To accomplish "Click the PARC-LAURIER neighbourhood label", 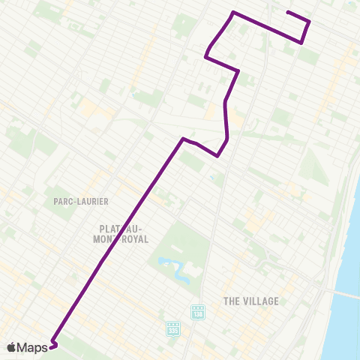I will (81, 201).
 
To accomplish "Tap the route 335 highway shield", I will (173, 328).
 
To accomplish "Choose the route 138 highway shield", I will (198, 312).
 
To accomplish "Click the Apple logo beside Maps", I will (11, 346).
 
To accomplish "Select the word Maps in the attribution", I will (33, 346).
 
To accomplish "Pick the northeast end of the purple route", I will (288, 12).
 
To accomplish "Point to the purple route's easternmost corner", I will (309, 22).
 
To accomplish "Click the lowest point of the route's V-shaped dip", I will (217, 156).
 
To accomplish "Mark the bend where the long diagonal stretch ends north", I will (182, 138).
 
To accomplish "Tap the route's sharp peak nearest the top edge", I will (233, 13).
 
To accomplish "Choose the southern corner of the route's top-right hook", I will (301, 43).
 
